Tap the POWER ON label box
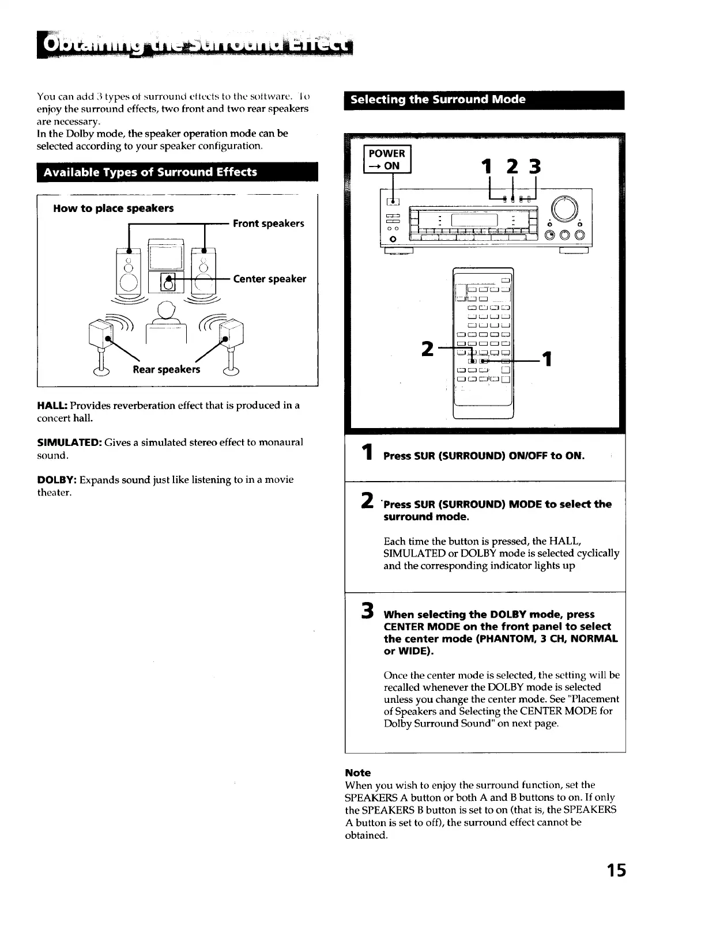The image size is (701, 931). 387,160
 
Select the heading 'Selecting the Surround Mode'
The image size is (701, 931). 438,100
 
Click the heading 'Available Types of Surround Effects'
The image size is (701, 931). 150,172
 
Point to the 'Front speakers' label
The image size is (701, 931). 268,224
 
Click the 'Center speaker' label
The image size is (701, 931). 269,279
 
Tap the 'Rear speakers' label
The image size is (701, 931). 166,369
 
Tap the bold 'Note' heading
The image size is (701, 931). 357,773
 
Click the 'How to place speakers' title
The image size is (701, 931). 113,209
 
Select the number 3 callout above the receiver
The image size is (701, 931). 535,166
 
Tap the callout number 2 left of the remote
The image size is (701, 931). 427,349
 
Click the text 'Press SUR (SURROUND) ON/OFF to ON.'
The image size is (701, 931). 484,456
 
